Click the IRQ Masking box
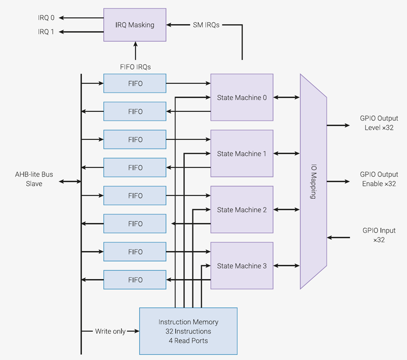[x=135, y=25]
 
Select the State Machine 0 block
[x=242, y=97]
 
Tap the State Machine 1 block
[x=242, y=153]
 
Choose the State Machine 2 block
[x=242, y=210]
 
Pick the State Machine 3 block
[x=242, y=266]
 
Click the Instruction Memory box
[x=188, y=331]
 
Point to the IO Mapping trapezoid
[x=313, y=181]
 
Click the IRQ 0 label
[x=46, y=18]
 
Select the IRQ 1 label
[x=46, y=31]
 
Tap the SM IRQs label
[x=206, y=25]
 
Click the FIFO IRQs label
[x=135, y=67]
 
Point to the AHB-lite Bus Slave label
[x=34, y=179]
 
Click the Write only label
[x=110, y=331]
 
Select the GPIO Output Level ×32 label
[x=379, y=123]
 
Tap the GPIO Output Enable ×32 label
[x=379, y=179]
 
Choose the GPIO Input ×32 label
[x=379, y=235]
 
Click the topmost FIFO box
[x=135, y=83]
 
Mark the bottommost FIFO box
[x=135, y=280]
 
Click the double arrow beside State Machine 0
[x=287, y=97]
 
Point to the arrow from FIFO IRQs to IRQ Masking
[x=135, y=51]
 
